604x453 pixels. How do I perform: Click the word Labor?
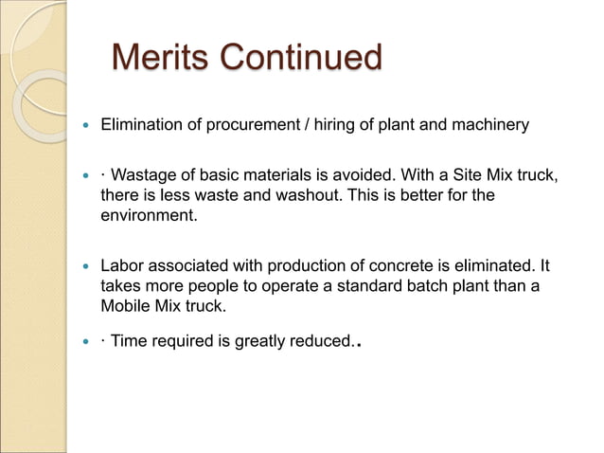[122, 266]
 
